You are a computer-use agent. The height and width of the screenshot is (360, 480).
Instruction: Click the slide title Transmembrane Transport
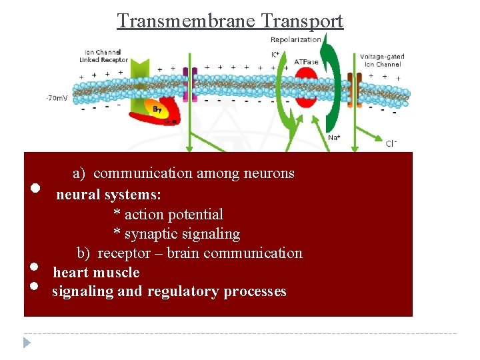[230, 21]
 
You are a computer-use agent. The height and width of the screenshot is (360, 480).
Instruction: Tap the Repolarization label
[295, 39]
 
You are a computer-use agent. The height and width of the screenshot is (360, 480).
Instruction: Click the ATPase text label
[305, 62]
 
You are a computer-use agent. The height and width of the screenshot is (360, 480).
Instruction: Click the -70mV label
[56, 98]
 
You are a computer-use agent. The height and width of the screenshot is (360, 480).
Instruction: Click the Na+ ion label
[335, 137]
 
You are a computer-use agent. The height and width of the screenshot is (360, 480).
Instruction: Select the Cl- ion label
[392, 143]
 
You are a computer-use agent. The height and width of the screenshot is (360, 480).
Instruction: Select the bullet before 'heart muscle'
[35, 267]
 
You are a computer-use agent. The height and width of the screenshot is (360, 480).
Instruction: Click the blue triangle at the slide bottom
[27, 343]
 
